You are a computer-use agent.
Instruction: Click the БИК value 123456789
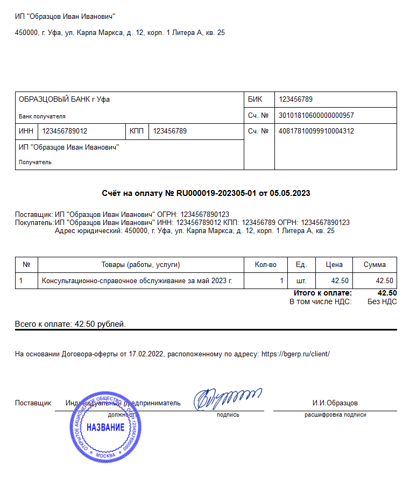(295, 100)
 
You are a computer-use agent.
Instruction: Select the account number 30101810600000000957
(316, 115)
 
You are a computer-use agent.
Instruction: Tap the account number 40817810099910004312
(316, 131)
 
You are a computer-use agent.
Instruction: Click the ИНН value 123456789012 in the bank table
(65, 131)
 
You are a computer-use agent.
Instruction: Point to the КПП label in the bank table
(137, 131)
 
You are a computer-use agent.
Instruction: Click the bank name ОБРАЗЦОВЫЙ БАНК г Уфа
(64, 100)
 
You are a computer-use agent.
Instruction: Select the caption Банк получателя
(42, 116)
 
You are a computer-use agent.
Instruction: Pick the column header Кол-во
(265, 264)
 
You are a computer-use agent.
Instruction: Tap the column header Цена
(334, 264)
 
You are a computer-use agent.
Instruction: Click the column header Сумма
(374, 264)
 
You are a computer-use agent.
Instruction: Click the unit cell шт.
(301, 280)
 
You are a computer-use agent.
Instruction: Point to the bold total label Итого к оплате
(323, 293)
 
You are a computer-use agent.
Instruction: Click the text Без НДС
(382, 301)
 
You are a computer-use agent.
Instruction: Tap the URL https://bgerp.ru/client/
(295, 354)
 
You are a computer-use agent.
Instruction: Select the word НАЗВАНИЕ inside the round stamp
(105, 428)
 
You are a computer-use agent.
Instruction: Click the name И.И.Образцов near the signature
(335, 403)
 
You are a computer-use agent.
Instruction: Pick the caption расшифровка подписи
(335, 415)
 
